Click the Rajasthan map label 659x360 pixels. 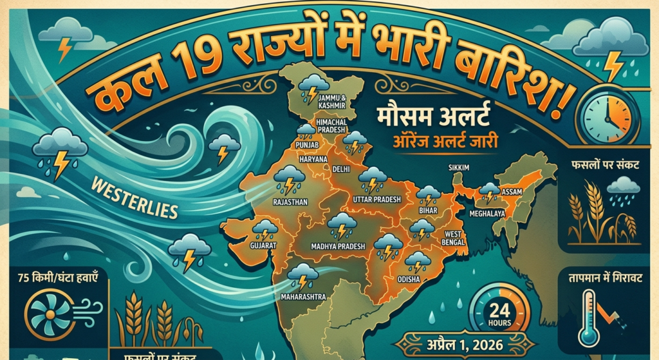(290, 202)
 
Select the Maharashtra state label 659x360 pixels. (304, 297)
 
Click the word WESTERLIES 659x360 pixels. (135, 200)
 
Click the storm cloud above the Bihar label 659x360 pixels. (427, 193)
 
